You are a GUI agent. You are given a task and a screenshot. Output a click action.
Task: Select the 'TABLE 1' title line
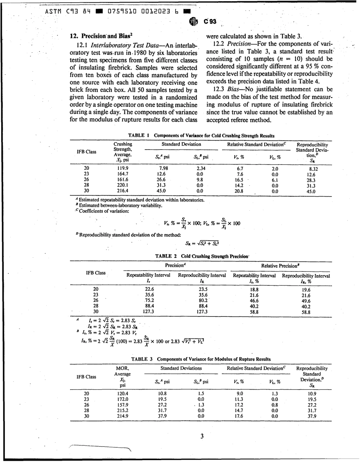201,135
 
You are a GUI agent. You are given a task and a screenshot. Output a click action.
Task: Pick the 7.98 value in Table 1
163,168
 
